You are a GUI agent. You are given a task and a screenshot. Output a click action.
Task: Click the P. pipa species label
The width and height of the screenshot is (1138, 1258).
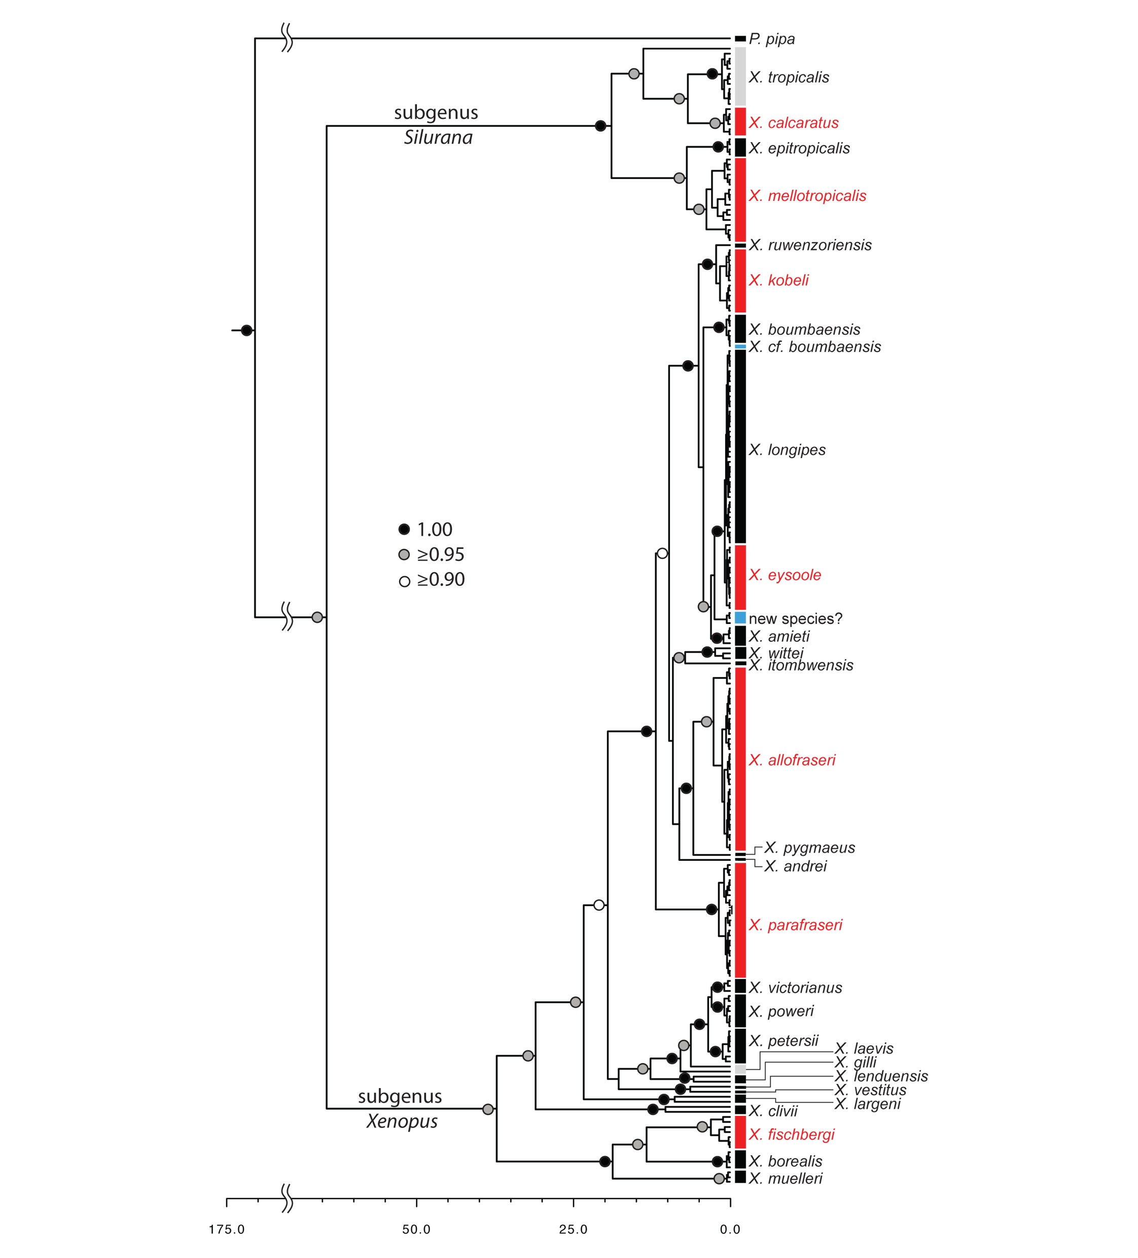[772, 40]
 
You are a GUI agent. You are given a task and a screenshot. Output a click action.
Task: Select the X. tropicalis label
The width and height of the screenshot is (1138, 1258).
[789, 78]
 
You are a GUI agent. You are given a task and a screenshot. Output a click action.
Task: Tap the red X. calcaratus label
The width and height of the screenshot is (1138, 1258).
[793, 123]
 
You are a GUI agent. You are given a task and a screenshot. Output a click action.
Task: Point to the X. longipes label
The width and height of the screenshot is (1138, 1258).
[787, 450]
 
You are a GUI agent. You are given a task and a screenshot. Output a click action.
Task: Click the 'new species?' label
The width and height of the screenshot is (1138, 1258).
[795, 618]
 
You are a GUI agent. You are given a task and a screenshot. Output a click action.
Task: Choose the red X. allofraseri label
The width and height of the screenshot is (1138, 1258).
[792, 760]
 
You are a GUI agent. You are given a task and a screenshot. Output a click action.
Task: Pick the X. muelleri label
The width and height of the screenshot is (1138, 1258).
[786, 1178]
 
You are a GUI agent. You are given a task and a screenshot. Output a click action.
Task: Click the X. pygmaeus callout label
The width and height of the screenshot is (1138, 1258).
[809, 848]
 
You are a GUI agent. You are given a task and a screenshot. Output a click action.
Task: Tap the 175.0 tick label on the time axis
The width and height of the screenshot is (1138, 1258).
[227, 1229]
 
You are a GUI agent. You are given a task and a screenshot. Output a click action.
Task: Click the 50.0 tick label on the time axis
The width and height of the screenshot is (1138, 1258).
[416, 1229]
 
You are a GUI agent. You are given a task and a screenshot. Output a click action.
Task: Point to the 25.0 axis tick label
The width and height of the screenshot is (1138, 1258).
[573, 1229]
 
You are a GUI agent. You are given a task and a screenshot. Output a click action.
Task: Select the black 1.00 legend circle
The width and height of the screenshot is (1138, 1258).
[404, 529]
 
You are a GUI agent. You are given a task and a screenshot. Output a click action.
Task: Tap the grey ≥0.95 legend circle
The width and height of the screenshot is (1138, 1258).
[404, 555]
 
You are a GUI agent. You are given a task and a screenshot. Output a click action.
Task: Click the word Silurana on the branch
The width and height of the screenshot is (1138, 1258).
[438, 137]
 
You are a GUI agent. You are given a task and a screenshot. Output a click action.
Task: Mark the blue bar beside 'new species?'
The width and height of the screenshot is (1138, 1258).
[740, 617]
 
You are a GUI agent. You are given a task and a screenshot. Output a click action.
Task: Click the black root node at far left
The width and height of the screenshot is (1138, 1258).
[246, 330]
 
